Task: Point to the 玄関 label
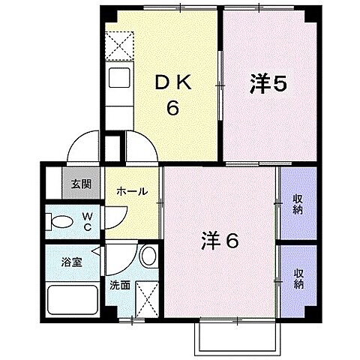coord(81,184)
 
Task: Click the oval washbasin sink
coord(148,256)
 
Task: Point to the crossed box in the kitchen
coord(120,44)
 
